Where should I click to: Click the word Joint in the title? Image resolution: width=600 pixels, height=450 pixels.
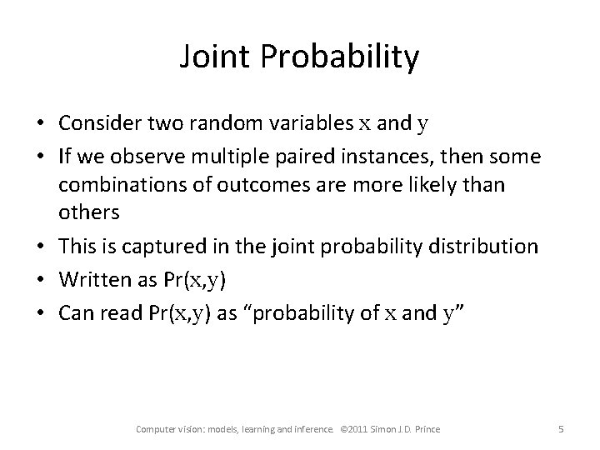pos(214,57)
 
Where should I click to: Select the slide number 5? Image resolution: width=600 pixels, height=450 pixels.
pos(561,429)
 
